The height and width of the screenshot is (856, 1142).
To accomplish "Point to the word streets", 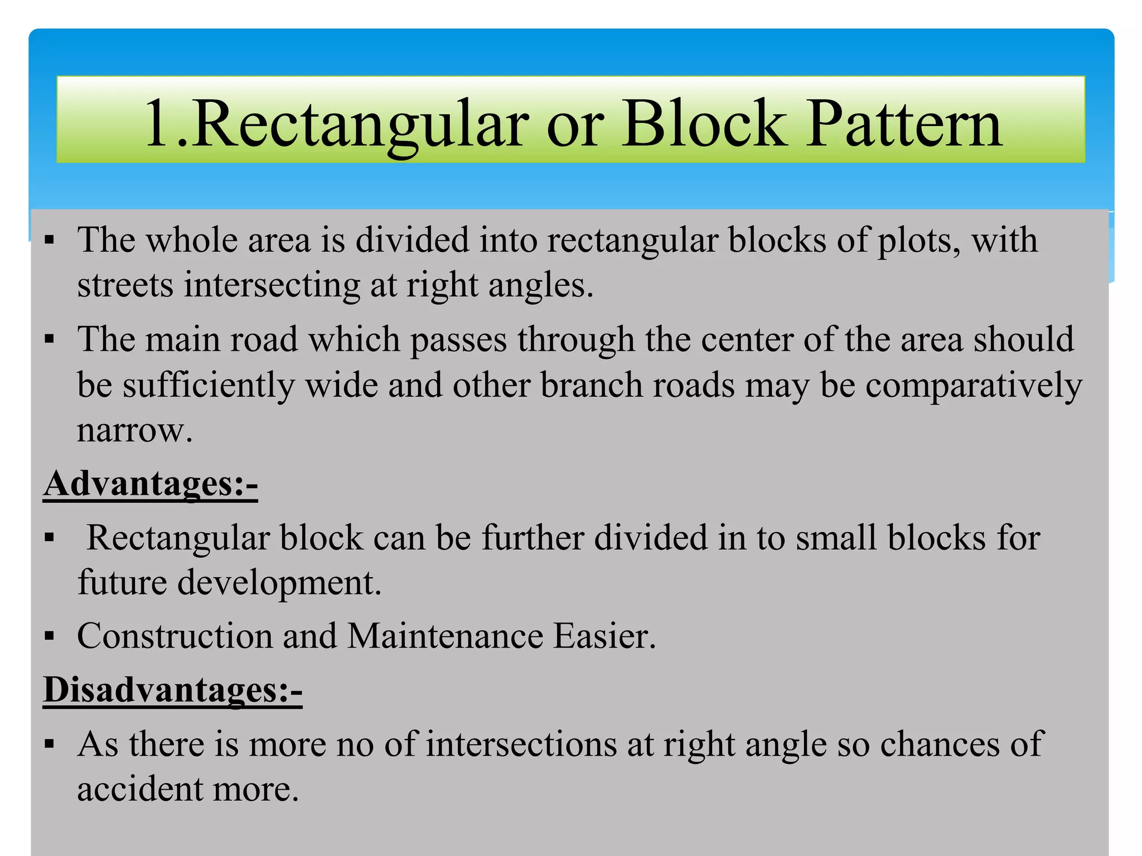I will click(x=125, y=285).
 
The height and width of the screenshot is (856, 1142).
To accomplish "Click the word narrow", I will click(x=134, y=430).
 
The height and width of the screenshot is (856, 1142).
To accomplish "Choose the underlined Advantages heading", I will click(x=151, y=484).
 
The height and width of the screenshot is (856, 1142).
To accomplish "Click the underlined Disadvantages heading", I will click(x=173, y=690).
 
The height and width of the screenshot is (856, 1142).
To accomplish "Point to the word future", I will click(x=122, y=583).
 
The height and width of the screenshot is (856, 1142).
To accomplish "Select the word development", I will click(x=279, y=584).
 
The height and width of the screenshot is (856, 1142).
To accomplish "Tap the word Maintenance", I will click(x=445, y=636).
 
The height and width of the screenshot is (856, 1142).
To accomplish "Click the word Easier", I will click(x=604, y=636).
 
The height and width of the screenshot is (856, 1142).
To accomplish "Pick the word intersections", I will click(x=521, y=745).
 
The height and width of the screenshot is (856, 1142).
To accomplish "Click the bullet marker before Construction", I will click(x=50, y=636).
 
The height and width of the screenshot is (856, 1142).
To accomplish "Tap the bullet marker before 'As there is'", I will click(x=50, y=745).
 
